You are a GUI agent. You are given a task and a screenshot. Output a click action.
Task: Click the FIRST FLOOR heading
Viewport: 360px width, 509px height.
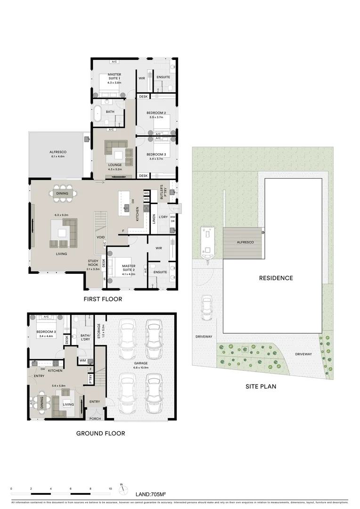point(103,299)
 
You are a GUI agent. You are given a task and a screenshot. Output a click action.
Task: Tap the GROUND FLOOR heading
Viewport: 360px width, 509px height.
point(101,433)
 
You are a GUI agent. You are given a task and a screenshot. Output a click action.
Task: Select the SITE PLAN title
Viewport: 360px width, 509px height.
point(261,386)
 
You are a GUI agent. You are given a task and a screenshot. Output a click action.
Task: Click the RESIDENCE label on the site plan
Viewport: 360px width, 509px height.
point(276,278)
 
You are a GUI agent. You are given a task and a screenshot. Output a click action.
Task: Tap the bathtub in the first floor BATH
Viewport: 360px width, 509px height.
point(98,114)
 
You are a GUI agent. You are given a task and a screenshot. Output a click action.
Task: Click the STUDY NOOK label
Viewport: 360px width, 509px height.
point(93,264)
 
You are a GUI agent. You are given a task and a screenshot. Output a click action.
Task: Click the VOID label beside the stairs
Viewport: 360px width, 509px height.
point(101,237)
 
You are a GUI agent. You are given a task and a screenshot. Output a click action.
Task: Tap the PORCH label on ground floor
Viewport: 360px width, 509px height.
point(96,419)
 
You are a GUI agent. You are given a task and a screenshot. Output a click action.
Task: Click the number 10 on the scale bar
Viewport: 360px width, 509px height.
point(110,489)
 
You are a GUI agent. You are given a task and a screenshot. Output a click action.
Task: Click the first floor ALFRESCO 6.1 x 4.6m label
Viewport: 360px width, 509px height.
point(59,154)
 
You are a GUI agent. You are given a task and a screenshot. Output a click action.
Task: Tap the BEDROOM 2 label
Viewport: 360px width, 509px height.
point(156,115)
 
